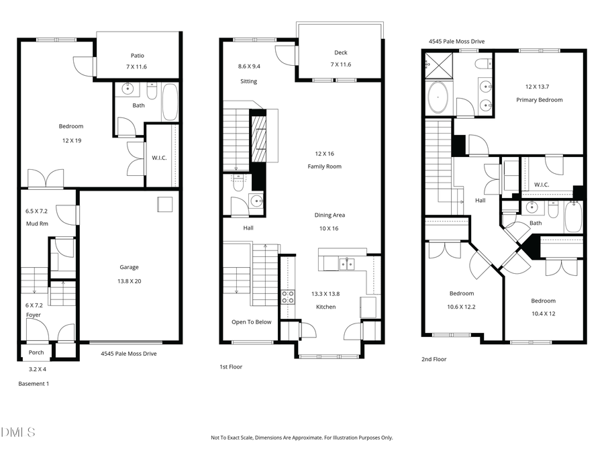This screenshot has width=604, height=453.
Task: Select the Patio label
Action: pyautogui.click(x=138, y=56)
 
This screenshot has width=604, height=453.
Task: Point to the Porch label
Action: pyautogui.click(x=36, y=352)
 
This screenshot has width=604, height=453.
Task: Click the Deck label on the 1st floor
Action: pyautogui.click(x=341, y=53)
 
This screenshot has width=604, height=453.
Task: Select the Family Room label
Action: pyautogui.click(x=324, y=166)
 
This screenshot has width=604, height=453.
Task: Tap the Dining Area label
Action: pyautogui.click(x=330, y=215)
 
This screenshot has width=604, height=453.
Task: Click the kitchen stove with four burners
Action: pyautogui.click(x=287, y=297)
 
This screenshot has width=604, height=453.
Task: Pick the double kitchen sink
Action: pyautogui.click(x=346, y=264)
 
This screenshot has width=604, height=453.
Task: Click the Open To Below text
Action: pyautogui.click(x=252, y=322)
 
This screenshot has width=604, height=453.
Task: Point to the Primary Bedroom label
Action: pyautogui.click(x=539, y=100)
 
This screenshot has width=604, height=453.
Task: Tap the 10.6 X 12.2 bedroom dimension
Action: pyautogui.click(x=461, y=307)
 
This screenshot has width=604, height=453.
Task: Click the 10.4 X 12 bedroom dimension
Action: pyautogui.click(x=543, y=313)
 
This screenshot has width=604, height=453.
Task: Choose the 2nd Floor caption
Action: pyautogui.click(x=434, y=359)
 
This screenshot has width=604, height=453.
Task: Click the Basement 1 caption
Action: pyautogui.click(x=33, y=384)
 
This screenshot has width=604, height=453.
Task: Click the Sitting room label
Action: pyautogui.click(x=248, y=81)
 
